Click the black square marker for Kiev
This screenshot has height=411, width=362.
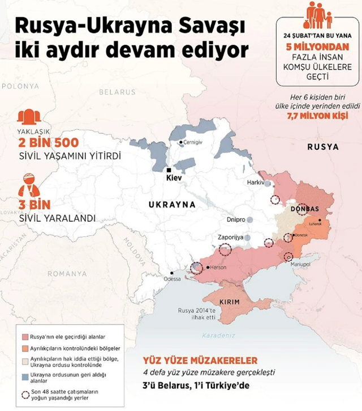[169, 170]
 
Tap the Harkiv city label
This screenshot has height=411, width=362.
[256, 183]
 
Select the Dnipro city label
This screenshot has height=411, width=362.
[236, 219]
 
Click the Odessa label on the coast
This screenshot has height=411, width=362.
[173, 278]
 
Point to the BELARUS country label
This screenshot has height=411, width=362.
[117, 91]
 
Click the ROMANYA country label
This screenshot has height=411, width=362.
[67, 274]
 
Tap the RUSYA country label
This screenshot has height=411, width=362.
[323, 147]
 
